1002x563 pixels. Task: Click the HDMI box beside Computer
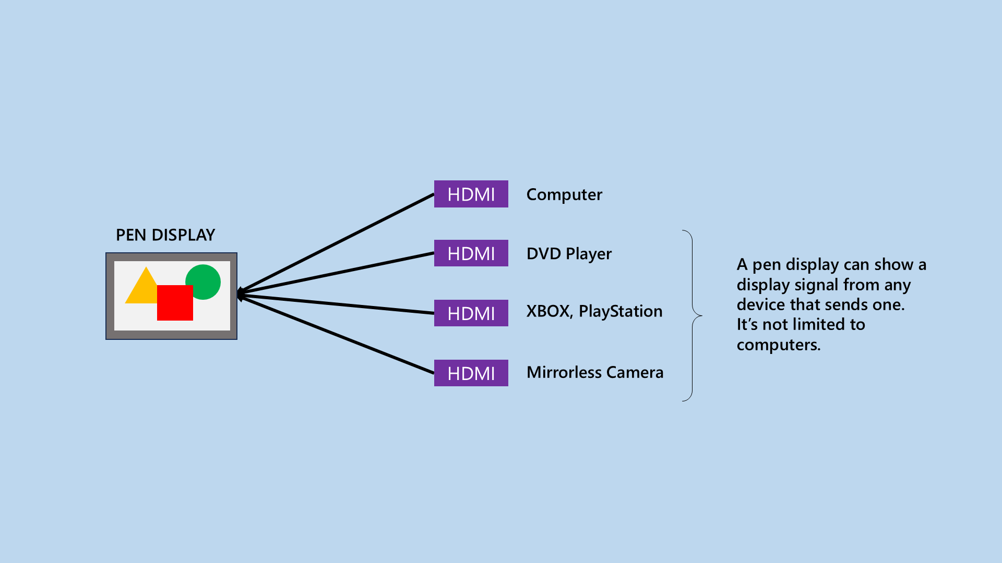click(x=471, y=194)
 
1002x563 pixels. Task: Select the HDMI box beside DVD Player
click(x=471, y=253)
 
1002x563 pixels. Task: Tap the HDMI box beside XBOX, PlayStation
click(x=471, y=313)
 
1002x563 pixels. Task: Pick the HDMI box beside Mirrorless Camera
click(x=471, y=373)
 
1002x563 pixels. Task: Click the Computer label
click(x=564, y=194)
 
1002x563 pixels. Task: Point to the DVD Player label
click(x=569, y=254)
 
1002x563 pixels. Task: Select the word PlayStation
click(x=621, y=311)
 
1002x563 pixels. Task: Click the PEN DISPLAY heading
click(x=165, y=235)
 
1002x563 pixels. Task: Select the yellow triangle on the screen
click(x=140, y=289)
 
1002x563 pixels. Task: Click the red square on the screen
click(x=175, y=303)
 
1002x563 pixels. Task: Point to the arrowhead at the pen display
click(x=241, y=294)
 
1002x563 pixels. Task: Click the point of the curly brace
click(x=701, y=315)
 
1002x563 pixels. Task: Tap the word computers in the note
click(x=778, y=345)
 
